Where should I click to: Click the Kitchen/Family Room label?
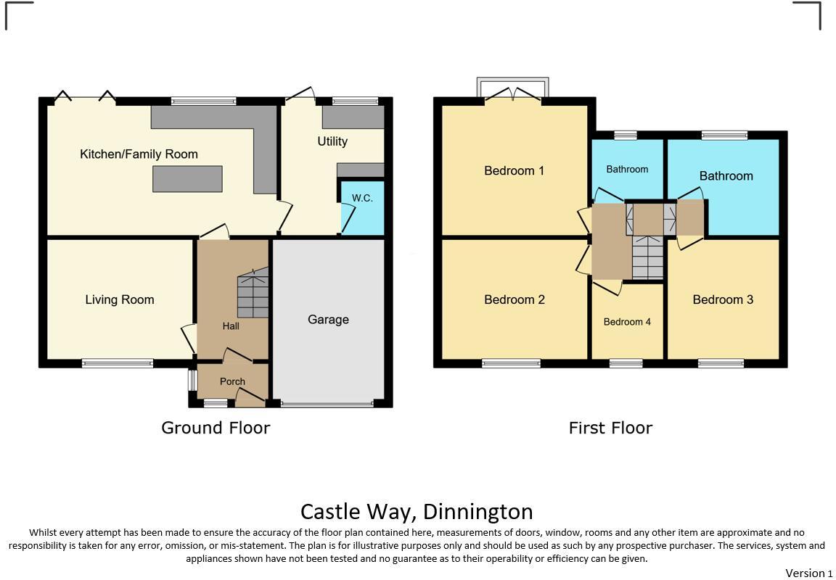139,154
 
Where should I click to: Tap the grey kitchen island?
187,179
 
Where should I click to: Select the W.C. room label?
362,198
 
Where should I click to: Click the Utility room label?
332,141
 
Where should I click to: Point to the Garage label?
328,320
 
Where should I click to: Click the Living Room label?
120,300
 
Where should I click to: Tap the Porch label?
232,381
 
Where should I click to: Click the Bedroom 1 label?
514,171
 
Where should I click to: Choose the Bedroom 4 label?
627,322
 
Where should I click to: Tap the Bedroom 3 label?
723,300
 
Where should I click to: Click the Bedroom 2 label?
514,300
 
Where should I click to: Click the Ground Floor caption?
216,428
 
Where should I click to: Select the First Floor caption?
610,428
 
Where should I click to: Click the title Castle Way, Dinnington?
417,512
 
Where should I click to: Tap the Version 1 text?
809,573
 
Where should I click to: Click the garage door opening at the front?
328,404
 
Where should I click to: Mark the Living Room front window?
118,363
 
